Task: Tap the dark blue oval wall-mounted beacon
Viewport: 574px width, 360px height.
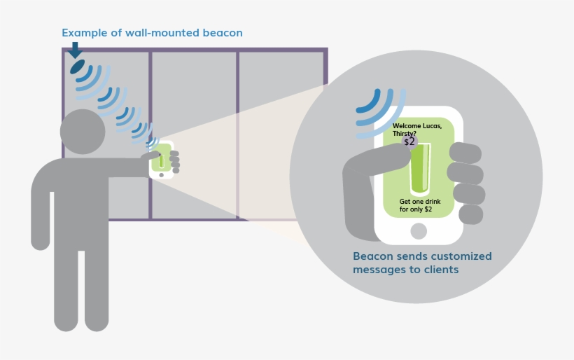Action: pyautogui.click(x=77, y=67)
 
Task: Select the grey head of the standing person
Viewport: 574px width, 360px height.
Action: pyautogui.click(x=83, y=132)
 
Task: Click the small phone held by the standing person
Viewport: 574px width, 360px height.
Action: pyautogui.click(x=161, y=160)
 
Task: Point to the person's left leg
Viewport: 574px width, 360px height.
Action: pyautogui.click(x=66, y=287)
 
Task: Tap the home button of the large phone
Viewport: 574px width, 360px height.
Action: pyautogui.click(x=419, y=231)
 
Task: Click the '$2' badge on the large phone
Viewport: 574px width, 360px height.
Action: pyautogui.click(x=409, y=141)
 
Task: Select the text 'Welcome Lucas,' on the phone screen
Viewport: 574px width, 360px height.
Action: pyautogui.click(x=417, y=126)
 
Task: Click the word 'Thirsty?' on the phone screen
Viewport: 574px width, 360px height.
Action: pyautogui.click(x=405, y=134)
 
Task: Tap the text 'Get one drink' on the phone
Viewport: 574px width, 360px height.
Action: pyautogui.click(x=420, y=202)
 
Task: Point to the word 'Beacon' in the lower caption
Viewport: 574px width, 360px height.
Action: pyautogui.click(x=373, y=256)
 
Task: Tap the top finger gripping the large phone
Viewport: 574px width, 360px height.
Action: pyautogui.click(x=465, y=153)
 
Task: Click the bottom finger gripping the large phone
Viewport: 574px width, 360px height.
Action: pyautogui.click(x=470, y=214)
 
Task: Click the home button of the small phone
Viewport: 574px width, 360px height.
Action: pyautogui.click(x=161, y=175)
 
